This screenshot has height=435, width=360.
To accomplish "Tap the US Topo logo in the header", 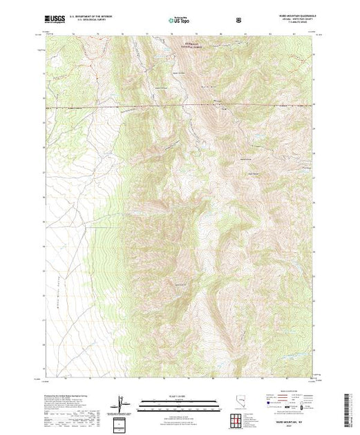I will [x=180, y=21].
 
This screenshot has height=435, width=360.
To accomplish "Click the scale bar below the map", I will [x=180, y=401].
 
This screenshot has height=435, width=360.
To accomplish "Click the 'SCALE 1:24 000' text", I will [x=180, y=395].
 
